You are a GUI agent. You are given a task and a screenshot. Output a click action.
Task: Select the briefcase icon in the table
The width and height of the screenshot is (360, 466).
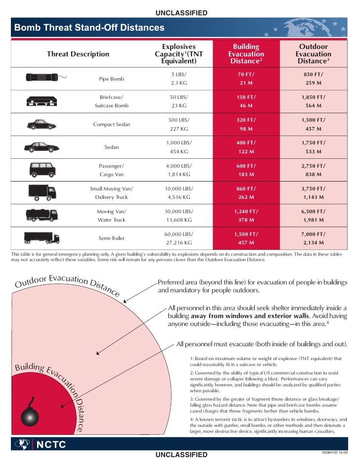point(42,102)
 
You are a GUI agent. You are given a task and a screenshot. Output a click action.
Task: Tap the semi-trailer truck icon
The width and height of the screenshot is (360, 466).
point(42,237)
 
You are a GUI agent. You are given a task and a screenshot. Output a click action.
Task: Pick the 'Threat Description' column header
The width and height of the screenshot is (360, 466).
point(78,54)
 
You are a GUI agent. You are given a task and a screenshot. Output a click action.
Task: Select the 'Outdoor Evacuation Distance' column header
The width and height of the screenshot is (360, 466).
point(313,54)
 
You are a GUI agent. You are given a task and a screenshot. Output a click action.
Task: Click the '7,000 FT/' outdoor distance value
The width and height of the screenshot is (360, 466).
point(313,233)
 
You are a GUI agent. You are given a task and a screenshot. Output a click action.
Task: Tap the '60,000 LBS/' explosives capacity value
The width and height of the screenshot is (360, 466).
point(179,233)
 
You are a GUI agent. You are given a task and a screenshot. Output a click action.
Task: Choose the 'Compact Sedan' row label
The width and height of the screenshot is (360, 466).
point(111,124)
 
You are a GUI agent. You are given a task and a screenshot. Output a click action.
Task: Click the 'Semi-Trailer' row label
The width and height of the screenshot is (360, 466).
point(111,238)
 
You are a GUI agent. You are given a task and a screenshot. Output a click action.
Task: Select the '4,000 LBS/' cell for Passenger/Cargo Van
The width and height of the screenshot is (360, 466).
point(179,166)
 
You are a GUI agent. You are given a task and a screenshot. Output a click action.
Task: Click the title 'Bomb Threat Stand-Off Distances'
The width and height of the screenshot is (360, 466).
point(89,28)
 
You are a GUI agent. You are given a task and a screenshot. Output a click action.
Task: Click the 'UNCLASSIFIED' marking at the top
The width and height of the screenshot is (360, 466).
point(181,12)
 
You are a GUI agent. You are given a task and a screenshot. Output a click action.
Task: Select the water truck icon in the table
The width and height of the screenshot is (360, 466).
point(42,215)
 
